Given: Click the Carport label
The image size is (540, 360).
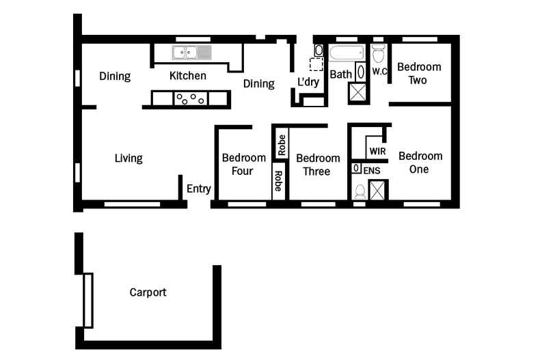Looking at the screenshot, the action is click(x=148, y=292).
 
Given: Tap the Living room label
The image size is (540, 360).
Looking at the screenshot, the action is click(x=129, y=158).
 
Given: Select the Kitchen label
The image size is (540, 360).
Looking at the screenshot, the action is click(x=188, y=76).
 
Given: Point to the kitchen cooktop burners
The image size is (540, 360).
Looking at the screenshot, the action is click(x=191, y=99).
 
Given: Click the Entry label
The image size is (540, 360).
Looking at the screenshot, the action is click(x=199, y=189).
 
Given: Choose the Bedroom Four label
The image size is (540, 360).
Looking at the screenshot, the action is click(x=243, y=164).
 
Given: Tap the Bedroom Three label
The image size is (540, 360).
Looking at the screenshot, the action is click(x=318, y=165).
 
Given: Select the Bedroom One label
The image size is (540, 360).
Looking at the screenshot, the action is click(x=420, y=163).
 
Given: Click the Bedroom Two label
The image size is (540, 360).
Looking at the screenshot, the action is click(x=419, y=73).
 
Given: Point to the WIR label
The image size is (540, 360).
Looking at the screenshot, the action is click(x=377, y=151).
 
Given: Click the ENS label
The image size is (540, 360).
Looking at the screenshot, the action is click(x=372, y=170).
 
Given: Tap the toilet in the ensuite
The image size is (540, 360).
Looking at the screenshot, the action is click(x=360, y=192).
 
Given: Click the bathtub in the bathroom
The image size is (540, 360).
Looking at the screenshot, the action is click(x=347, y=53).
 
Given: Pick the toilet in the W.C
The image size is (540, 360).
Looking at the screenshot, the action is click(x=378, y=53).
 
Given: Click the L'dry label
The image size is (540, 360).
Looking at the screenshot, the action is click(x=308, y=82).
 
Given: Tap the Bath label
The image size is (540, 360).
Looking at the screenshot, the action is click(x=341, y=74).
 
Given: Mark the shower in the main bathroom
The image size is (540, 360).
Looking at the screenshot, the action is click(x=358, y=93).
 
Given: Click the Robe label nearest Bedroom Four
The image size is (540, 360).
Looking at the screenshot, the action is click(x=278, y=181).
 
